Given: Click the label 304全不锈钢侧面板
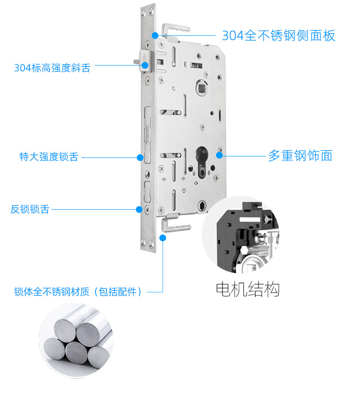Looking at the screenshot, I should coord(278,36).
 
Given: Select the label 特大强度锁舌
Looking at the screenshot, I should coord(48,157).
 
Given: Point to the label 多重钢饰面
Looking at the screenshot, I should coord(300,155).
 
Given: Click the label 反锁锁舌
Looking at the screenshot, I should coord(30,210).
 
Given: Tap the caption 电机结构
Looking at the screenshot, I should coord(247,289).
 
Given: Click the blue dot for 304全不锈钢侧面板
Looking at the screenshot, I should coord(155,35).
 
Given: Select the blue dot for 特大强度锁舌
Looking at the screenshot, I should coord(140,157).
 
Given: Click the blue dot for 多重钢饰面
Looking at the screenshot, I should coord(219,155).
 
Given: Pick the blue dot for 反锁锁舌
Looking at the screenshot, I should coord(139,209).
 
